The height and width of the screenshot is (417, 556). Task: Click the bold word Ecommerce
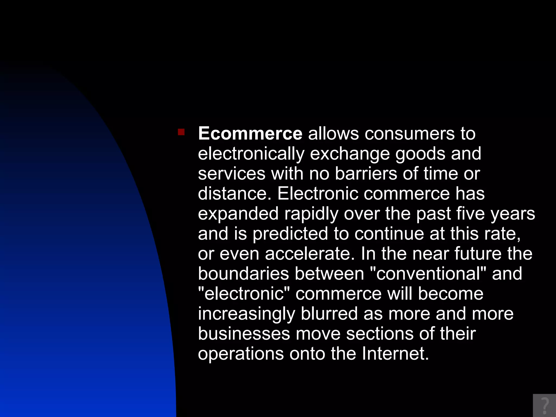coord(250,134)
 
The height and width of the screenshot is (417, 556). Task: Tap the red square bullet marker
coord(181,132)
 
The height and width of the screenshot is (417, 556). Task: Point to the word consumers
coord(409,134)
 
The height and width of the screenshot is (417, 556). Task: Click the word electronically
coord(251,154)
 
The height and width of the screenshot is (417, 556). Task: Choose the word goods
coord(420,154)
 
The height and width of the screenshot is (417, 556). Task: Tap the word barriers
coord(366,173)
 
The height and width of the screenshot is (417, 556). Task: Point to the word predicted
coord(290,234)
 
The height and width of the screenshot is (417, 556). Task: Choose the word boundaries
coord(243,274)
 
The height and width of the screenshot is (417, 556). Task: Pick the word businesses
coord(244,334)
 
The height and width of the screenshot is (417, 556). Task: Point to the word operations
coord(241,354)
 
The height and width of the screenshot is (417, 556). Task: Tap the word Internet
coord(395,354)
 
